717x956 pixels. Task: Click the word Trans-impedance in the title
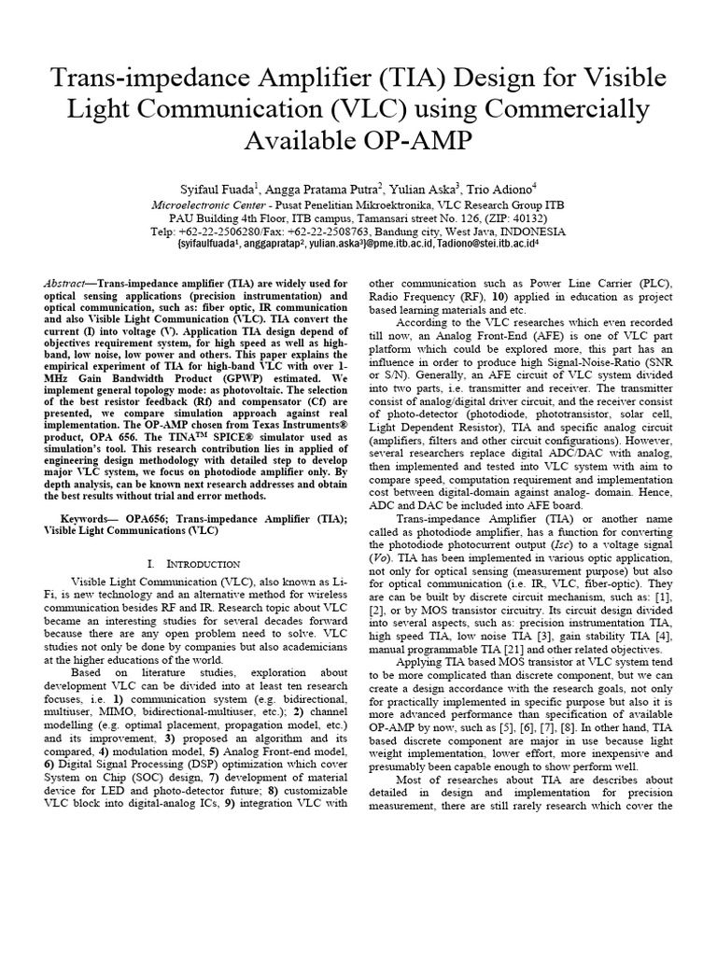coord(137,77)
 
